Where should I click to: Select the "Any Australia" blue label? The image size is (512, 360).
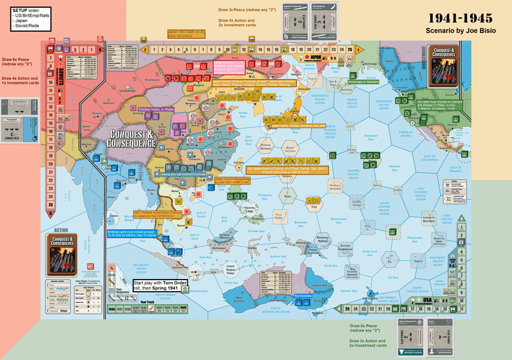click(304, 295)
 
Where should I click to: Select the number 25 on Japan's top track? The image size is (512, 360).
click(341, 50)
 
